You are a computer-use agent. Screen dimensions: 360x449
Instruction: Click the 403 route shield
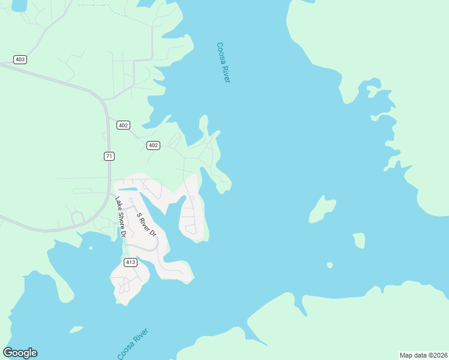[x=20, y=59]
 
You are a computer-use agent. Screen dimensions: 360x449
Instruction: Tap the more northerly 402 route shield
[x=123, y=125]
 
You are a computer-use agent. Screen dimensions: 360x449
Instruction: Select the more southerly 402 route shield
[x=153, y=145]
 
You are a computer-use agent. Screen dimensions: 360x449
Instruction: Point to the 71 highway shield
[x=109, y=156]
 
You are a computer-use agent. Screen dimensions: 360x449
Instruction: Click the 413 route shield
[x=130, y=262]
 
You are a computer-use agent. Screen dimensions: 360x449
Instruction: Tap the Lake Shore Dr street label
[x=120, y=217]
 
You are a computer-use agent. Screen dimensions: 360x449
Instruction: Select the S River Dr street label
[x=146, y=224]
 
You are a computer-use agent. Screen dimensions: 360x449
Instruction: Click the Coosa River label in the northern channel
[x=223, y=62]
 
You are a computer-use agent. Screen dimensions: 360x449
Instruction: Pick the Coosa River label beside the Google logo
[x=133, y=344]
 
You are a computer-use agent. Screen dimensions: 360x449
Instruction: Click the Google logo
[x=20, y=353]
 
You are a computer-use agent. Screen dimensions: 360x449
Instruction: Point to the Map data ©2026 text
[x=423, y=355]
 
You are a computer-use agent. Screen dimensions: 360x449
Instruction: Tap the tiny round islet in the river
[x=330, y=265]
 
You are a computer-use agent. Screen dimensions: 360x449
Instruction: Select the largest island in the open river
[x=322, y=209]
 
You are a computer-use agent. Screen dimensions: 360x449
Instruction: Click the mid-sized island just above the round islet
[x=359, y=240]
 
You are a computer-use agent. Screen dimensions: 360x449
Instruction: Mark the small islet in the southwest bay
[x=76, y=329]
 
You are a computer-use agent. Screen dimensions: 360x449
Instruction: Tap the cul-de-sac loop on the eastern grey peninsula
[x=191, y=229]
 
